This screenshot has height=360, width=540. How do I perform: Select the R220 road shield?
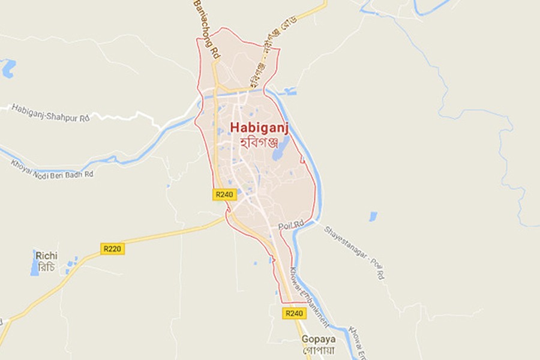point(113,248)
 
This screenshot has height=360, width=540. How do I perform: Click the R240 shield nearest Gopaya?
point(294,313)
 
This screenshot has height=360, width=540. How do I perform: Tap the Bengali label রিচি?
point(46,267)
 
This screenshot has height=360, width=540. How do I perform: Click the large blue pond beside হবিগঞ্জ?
point(280,150)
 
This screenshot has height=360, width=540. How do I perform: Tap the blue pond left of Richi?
point(35,263)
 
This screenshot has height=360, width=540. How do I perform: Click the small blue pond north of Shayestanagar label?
point(373,216)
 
